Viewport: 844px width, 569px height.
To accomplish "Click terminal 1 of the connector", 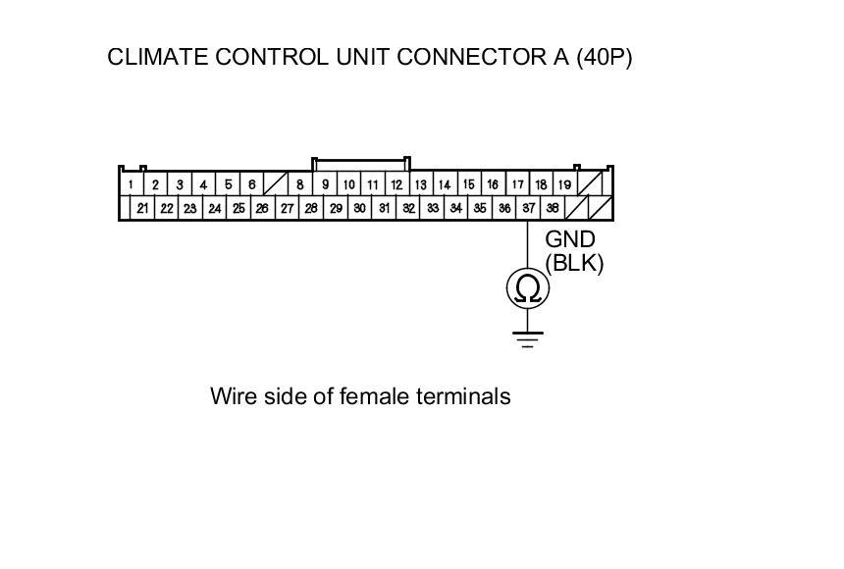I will pyautogui.click(x=131, y=184).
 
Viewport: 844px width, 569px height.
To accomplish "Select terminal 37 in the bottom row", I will pyautogui.click(x=528, y=208).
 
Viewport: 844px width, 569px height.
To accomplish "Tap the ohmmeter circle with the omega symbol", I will pyautogui.click(x=528, y=288).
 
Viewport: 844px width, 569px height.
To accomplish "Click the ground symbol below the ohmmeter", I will pyautogui.click(x=528, y=339).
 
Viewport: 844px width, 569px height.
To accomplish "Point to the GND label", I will pyautogui.click(x=570, y=239).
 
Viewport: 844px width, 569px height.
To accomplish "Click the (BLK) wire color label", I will pyautogui.click(x=574, y=263).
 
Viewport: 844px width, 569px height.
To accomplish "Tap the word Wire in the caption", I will pyautogui.click(x=233, y=396).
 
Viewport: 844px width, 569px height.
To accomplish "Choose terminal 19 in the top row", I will pyautogui.click(x=564, y=184).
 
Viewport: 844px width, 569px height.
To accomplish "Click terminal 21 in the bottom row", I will pyautogui.click(x=142, y=208).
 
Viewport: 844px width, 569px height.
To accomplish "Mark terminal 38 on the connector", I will pyautogui.click(x=553, y=208).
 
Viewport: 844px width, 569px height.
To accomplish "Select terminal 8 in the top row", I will pyautogui.click(x=299, y=184).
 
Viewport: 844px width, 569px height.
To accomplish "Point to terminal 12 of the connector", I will pyautogui.click(x=396, y=184).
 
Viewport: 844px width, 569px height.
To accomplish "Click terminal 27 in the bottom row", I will pyautogui.click(x=287, y=208).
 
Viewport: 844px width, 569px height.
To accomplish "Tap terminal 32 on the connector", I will pyautogui.click(x=407, y=208).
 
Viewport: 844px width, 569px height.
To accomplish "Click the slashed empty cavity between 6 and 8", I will pyautogui.click(x=275, y=184).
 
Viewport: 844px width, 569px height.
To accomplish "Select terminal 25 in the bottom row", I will pyautogui.click(x=238, y=208).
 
